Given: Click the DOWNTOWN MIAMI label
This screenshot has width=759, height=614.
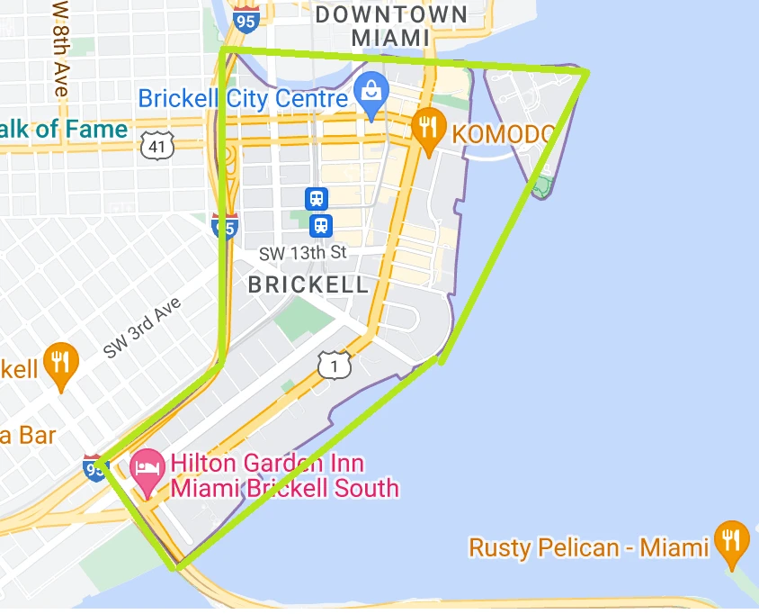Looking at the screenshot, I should click(391, 25).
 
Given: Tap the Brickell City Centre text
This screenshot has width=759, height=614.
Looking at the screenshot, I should click(243, 98).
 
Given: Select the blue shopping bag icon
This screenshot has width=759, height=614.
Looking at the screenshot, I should click(369, 90).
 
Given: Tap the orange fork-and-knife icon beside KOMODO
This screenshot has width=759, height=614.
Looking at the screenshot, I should click(428, 131).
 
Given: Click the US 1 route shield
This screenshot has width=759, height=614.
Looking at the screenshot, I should click(334, 364).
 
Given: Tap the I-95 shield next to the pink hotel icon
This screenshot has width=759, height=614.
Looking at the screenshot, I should click(94, 466).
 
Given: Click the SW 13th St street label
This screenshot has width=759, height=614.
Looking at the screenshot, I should click(302, 253).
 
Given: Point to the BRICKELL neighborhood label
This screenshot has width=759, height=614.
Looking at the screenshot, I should click(308, 285).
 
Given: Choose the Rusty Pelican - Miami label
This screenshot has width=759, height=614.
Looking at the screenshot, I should click(588, 546).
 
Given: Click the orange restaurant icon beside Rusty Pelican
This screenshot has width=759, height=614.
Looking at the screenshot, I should click(731, 541).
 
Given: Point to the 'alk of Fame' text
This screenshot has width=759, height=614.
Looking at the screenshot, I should click(65, 130).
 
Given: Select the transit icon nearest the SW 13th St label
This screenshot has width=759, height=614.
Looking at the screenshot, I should click(320, 224).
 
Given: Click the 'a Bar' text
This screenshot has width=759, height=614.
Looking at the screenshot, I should click(28, 436).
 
